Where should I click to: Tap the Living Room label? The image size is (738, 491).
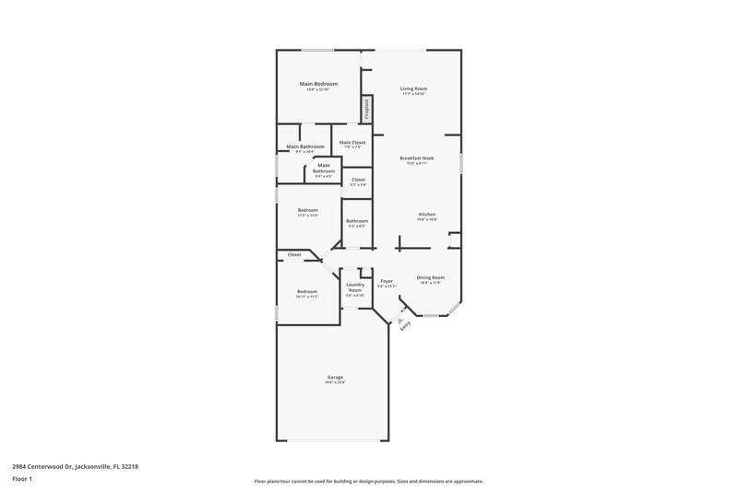[x=413, y=88]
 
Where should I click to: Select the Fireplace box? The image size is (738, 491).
[x=366, y=109]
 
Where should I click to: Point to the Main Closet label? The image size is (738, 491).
[x=352, y=142]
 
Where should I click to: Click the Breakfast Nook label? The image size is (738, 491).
[x=417, y=158]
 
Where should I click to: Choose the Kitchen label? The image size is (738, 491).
[x=426, y=214]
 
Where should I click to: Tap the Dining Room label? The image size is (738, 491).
[x=431, y=277]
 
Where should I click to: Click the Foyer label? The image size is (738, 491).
[x=387, y=281]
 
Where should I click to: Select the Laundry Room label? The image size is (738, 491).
[x=355, y=287]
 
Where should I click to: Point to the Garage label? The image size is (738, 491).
[x=335, y=376]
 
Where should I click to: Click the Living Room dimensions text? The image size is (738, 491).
[x=413, y=94]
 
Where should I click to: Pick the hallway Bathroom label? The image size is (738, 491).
[x=357, y=220]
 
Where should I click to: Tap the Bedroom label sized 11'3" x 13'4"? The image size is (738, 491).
[x=308, y=210]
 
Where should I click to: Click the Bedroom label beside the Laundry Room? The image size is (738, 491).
[x=307, y=291]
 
